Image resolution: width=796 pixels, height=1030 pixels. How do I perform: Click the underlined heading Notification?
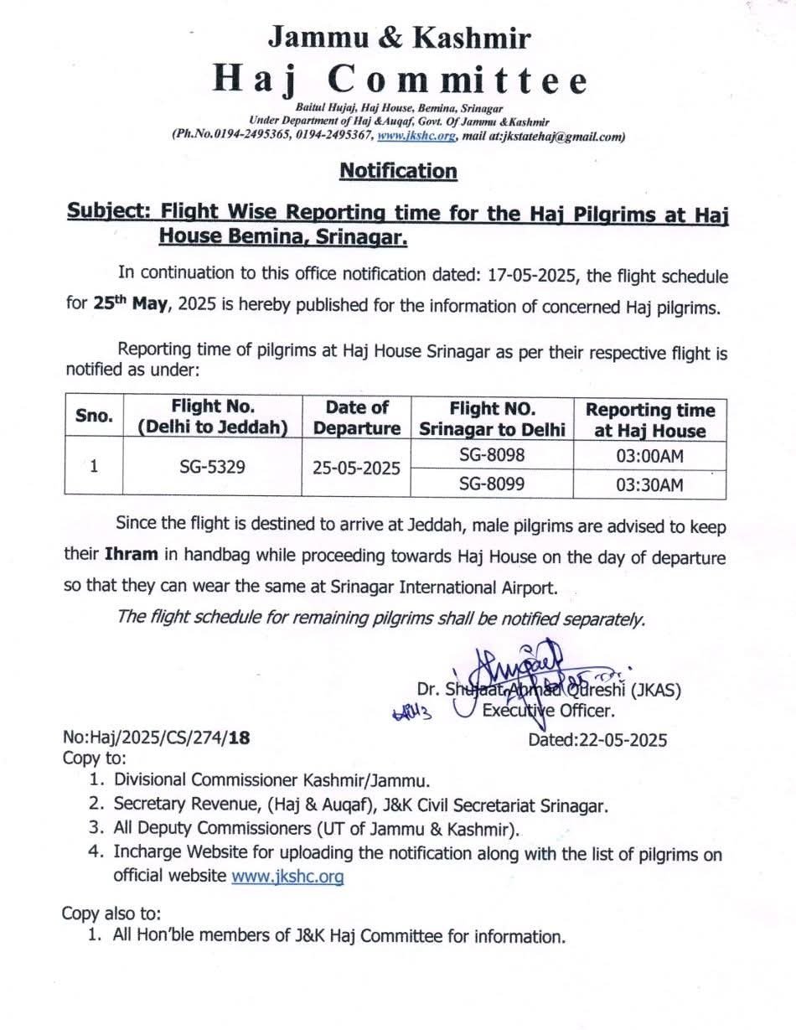[398, 171]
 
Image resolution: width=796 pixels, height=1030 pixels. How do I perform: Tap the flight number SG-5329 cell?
[212, 467]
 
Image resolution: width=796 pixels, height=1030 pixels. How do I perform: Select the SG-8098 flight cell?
[491, 454]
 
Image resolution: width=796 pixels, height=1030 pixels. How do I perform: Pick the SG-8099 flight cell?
[491, 484]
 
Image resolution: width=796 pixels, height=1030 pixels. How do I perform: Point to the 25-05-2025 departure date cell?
[357, 468]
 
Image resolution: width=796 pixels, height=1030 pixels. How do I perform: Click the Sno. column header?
[94, 417]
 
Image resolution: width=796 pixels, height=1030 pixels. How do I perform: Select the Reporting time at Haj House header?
[650, 421]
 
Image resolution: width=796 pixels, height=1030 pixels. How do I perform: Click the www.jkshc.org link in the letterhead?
[416, 135]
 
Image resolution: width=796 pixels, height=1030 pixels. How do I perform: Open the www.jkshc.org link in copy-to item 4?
[287, 877]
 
